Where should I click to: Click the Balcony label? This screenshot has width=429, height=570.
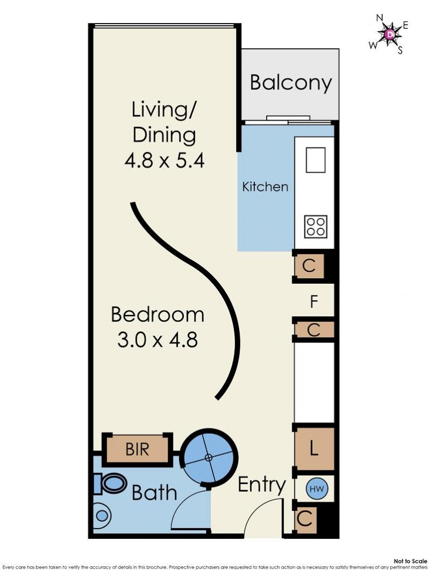tap(291, 83)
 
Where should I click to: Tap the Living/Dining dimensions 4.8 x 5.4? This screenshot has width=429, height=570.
tap(164, 160)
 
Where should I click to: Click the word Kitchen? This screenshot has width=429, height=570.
tap(265, 187)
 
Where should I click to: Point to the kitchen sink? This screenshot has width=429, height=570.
tap(315, 160)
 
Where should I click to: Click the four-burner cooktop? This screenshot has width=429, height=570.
tap(315, 226)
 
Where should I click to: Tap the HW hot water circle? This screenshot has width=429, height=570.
tap(315, 488)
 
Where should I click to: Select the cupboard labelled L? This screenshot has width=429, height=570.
tap(314, 449)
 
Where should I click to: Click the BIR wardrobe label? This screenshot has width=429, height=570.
tap(137, 449)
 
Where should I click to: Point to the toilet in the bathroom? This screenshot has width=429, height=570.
tap(110, 484)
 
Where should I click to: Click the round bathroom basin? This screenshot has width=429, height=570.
tap(101, 515)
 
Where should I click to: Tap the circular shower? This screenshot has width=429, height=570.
tap(209, 457)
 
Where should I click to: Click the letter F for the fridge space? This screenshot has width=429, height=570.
tap(314, 302)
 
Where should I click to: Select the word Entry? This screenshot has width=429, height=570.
tap(262, 485)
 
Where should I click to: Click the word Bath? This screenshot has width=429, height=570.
tap(154, 493)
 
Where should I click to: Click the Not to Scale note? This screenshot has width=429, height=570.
tap(410, 561)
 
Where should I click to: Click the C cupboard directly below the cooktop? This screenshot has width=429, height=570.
tap(308, 266)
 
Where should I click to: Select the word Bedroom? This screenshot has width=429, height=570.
tap(158, 314)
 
